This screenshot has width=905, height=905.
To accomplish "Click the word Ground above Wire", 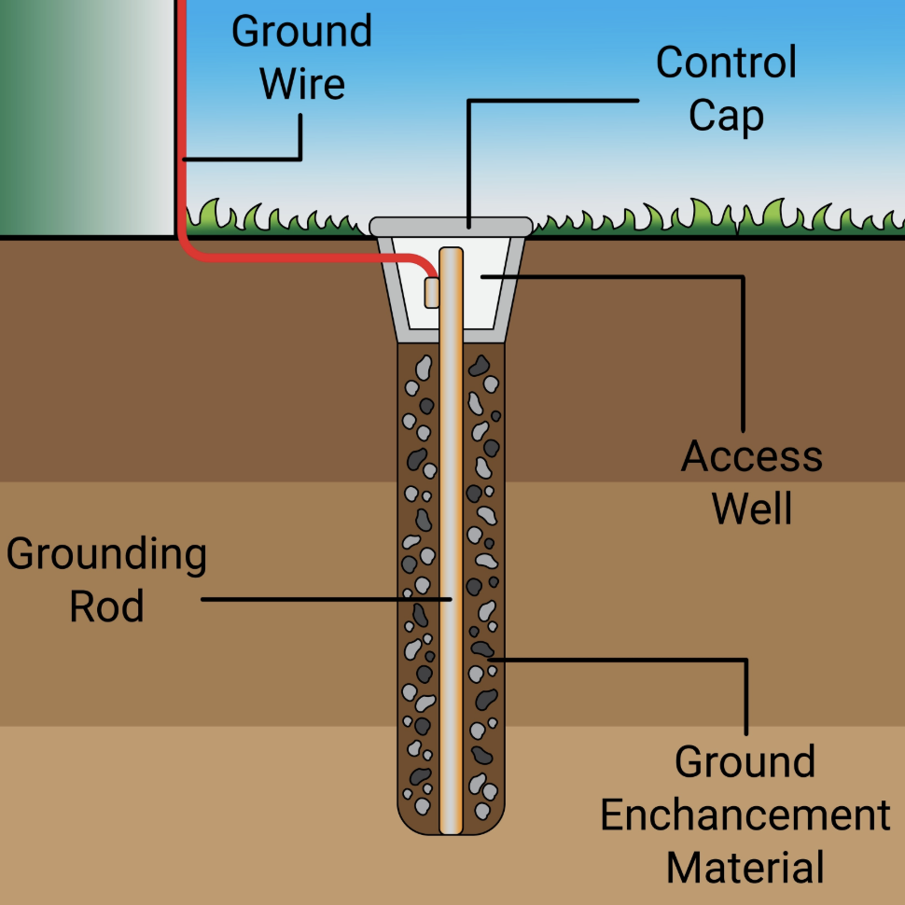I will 301,32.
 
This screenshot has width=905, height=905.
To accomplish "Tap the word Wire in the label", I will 301,84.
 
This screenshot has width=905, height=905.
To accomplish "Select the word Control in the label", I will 726,63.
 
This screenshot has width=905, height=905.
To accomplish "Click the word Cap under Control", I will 726,117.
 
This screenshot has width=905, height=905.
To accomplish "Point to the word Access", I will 752,457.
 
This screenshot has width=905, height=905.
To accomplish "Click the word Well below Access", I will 752,509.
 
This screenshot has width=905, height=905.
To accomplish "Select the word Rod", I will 106,607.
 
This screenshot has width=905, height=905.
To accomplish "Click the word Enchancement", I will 745,815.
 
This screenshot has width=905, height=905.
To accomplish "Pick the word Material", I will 745,868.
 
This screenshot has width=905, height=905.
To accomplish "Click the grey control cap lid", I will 451,226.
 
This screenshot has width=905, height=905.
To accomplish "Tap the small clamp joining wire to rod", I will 431,291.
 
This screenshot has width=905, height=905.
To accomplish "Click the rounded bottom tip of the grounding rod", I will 451,827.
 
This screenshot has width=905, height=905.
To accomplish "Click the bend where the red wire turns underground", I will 187,250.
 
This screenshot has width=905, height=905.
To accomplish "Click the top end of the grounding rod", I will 451,252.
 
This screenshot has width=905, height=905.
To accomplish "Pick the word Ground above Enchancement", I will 745,762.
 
